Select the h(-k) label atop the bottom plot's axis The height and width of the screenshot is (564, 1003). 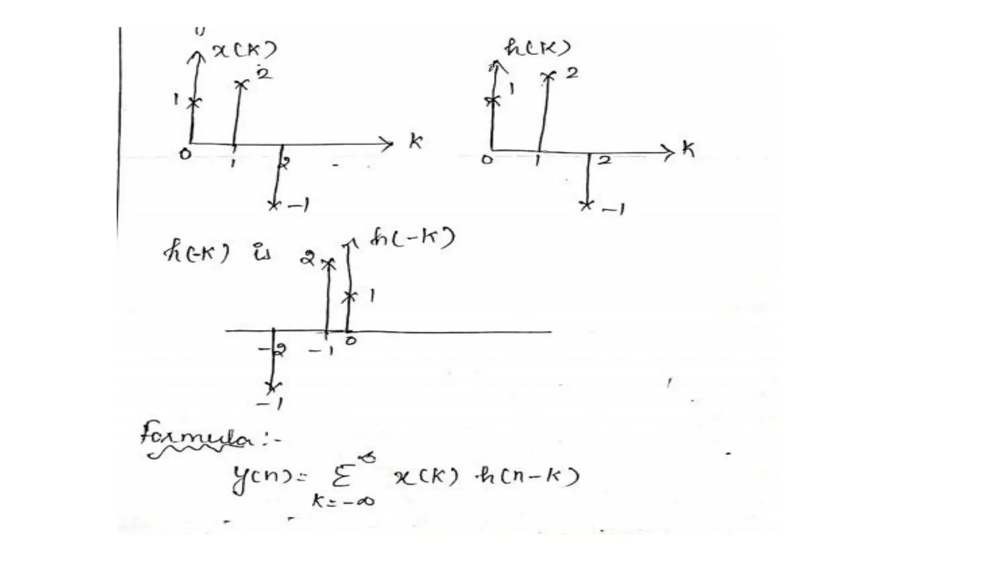[411, 239]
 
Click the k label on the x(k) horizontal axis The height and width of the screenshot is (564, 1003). [415, 141]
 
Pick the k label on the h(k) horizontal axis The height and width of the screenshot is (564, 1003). [688, 148]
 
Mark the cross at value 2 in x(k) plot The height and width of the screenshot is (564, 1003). [241, 85]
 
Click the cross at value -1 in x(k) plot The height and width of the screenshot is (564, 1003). [274, 204]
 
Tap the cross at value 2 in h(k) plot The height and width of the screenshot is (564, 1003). [549, 76]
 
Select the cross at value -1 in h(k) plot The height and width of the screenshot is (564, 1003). [586, 205]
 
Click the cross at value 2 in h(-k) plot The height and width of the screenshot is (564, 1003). [328, 264]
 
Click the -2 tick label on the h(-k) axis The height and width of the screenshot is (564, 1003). [273, 350]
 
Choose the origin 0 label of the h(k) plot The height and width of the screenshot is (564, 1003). [487, 159]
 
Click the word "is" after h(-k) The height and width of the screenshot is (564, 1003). [262, 254]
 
